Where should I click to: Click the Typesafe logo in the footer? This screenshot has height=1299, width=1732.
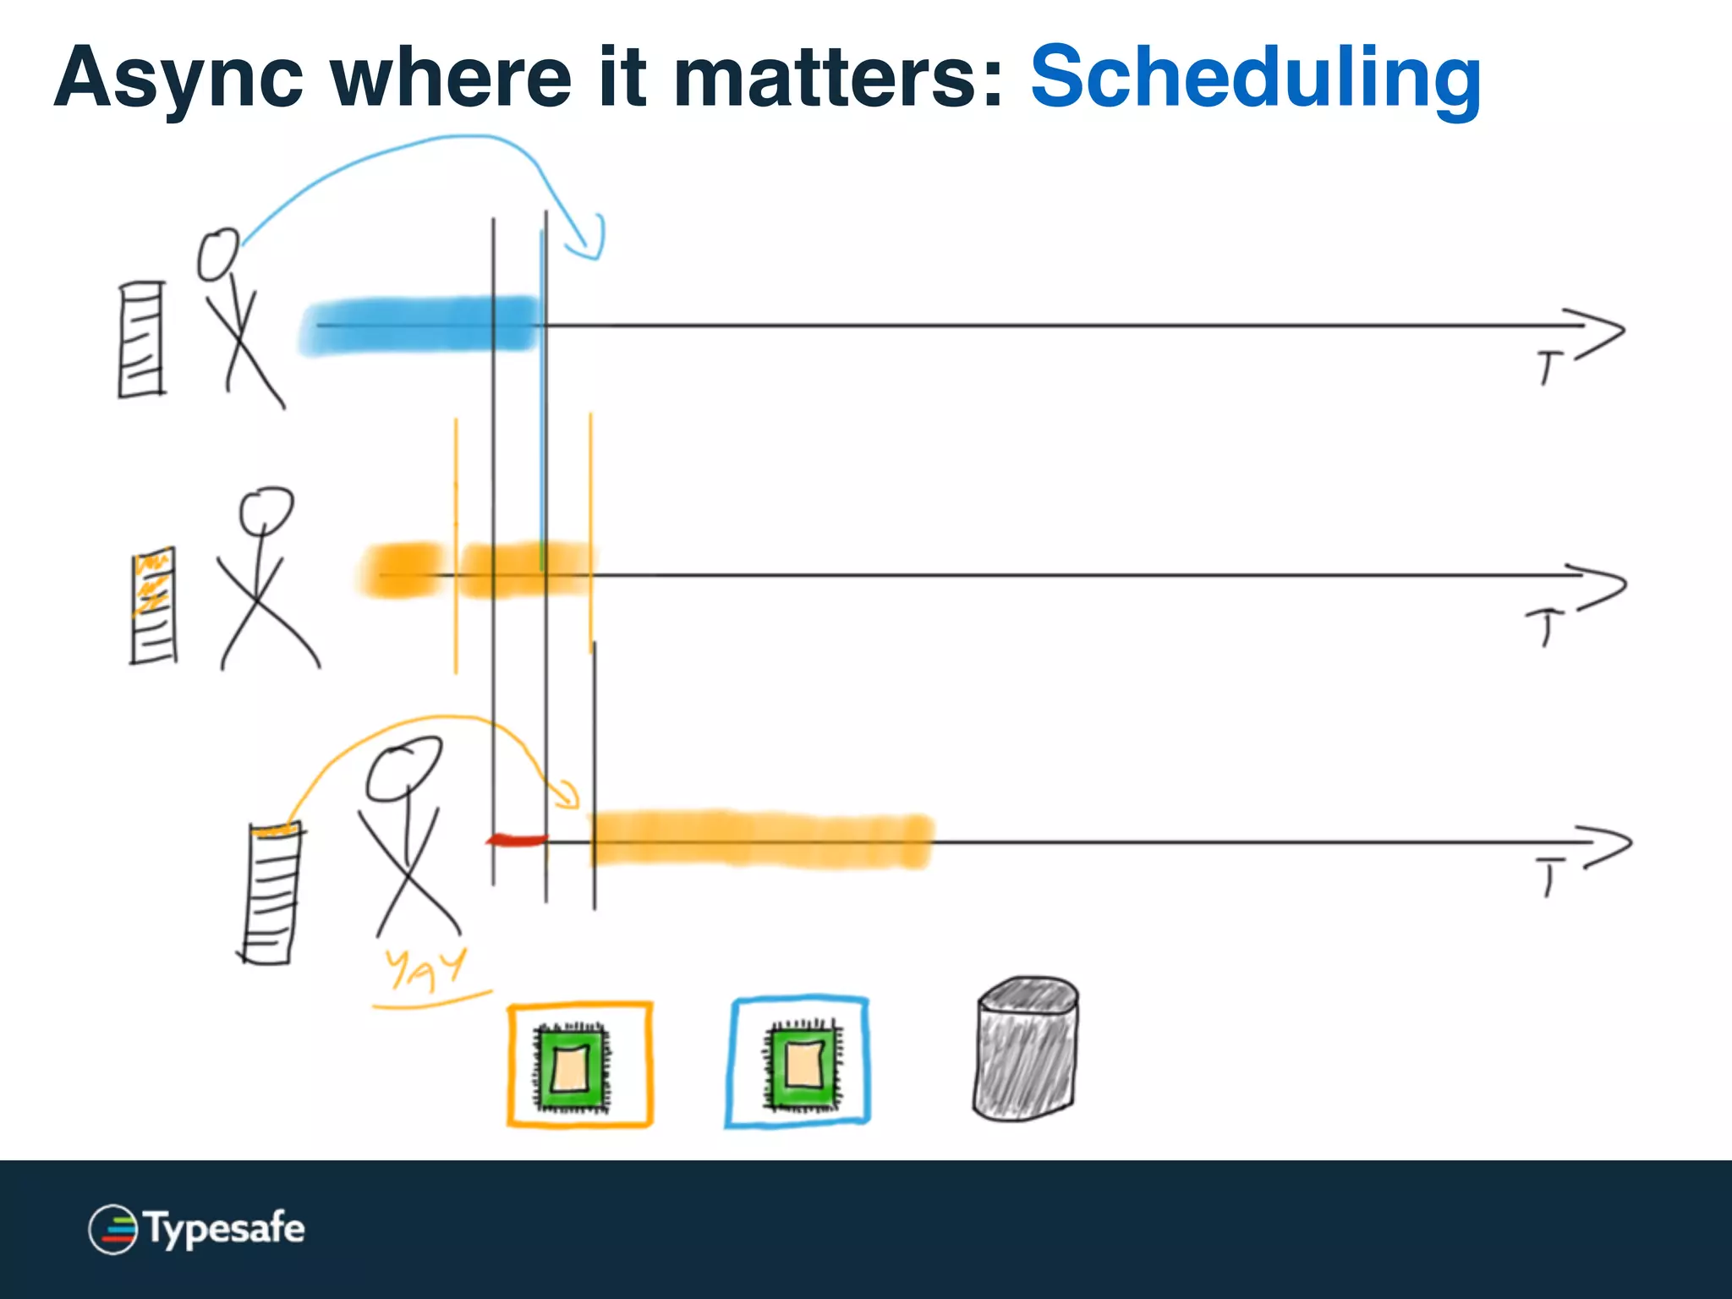tap(196, 1229)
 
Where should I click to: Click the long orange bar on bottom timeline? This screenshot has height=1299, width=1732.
tap(761, 840)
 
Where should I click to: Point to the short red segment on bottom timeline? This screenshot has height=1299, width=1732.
tap(517, 840)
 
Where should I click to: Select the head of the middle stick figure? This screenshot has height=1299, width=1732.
tap(266, 509)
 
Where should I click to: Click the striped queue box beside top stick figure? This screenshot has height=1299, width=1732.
tap(141, 340)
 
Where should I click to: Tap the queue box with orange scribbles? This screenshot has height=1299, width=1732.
tap(154, 606)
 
